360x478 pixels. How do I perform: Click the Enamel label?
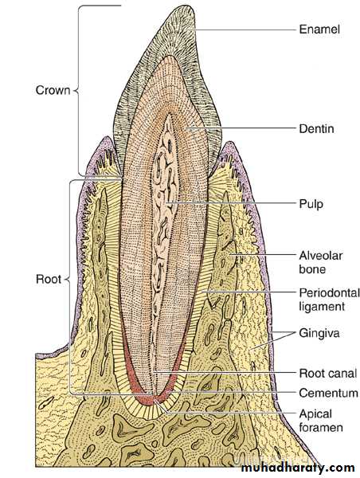319,29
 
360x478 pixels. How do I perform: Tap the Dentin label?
316,128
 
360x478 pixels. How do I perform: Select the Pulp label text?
311,204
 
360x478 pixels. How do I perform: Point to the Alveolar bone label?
320,262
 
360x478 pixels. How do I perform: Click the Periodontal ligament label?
329,300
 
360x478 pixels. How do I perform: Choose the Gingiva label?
319,333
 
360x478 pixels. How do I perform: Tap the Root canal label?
328,373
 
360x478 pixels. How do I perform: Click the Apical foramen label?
321,421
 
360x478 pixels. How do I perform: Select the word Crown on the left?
53,90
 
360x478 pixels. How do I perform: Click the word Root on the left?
49,280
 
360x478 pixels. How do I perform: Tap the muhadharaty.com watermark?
298,468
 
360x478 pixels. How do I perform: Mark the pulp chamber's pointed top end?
168,115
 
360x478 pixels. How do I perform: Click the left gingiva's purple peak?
106,138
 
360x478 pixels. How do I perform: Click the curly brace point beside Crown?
75,91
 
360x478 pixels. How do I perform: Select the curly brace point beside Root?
66,279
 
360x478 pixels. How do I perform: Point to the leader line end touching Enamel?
186,29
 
